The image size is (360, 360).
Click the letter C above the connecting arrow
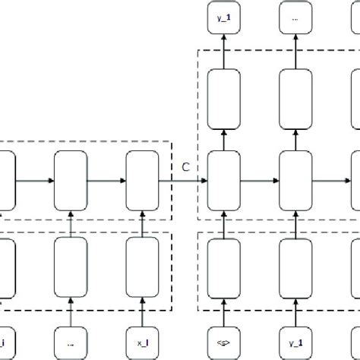coord(185,167)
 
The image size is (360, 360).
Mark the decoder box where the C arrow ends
coord(223,181)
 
